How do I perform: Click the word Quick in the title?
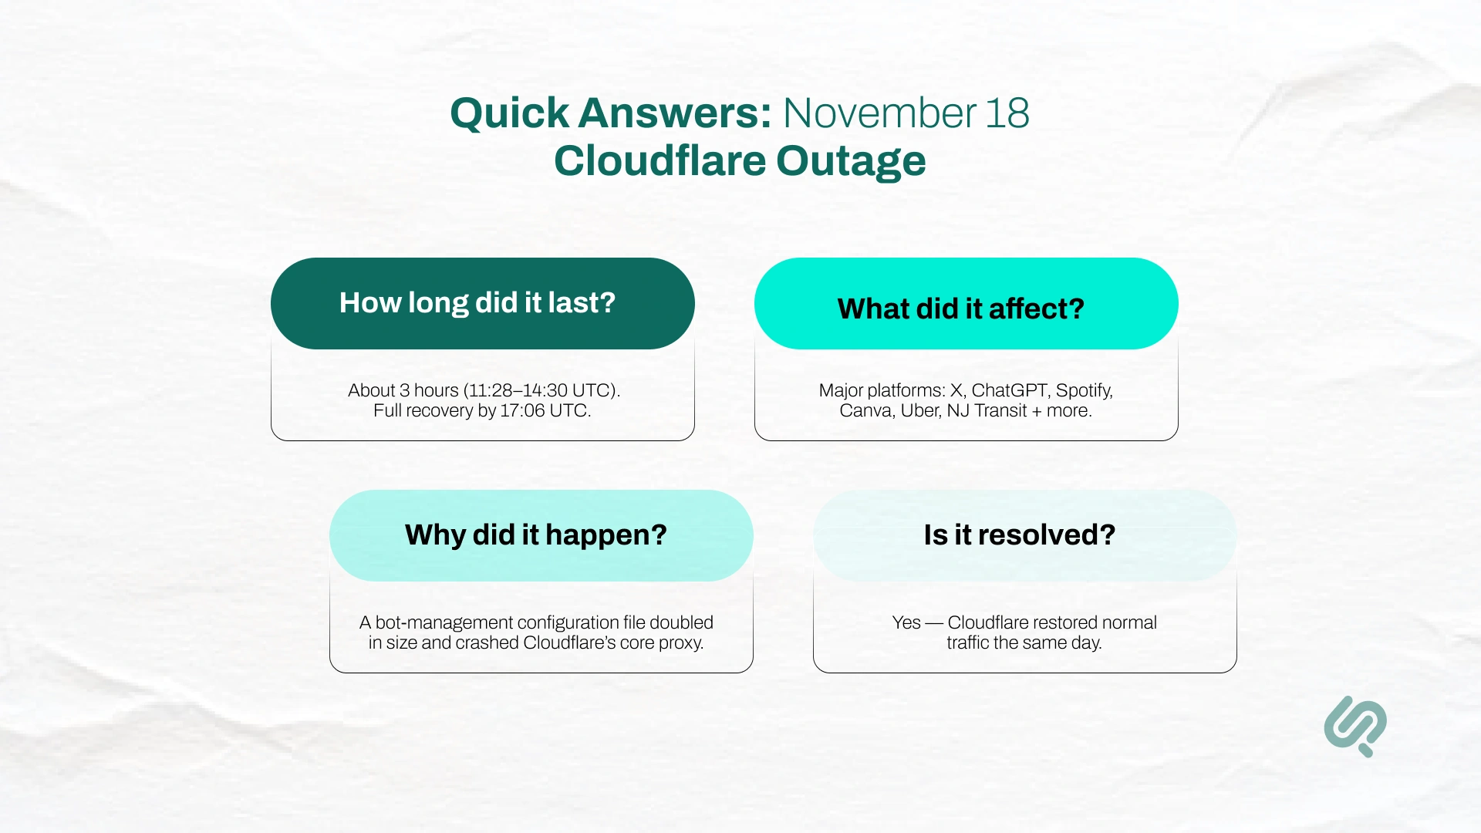[x=510, y=113]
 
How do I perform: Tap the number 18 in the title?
[x=1007, y=113]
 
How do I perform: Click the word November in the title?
[x=879, y=113]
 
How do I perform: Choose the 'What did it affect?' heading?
[x=960, y=309]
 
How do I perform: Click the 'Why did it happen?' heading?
[x=535, y=535]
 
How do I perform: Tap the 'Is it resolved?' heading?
[x=1019, y=535]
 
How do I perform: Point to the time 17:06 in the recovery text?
[x=522, y=410]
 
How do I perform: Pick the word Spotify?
[x=1084, y=390]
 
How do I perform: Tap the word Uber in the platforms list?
[x=920, y=410]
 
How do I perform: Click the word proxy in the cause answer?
[x=680, y=643]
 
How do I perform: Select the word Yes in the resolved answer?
[x=906, y=622]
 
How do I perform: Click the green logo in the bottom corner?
[x=1355, y=726]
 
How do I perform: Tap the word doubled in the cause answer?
[x=681, y=622]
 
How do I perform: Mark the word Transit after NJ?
[x=1000, y=410]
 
